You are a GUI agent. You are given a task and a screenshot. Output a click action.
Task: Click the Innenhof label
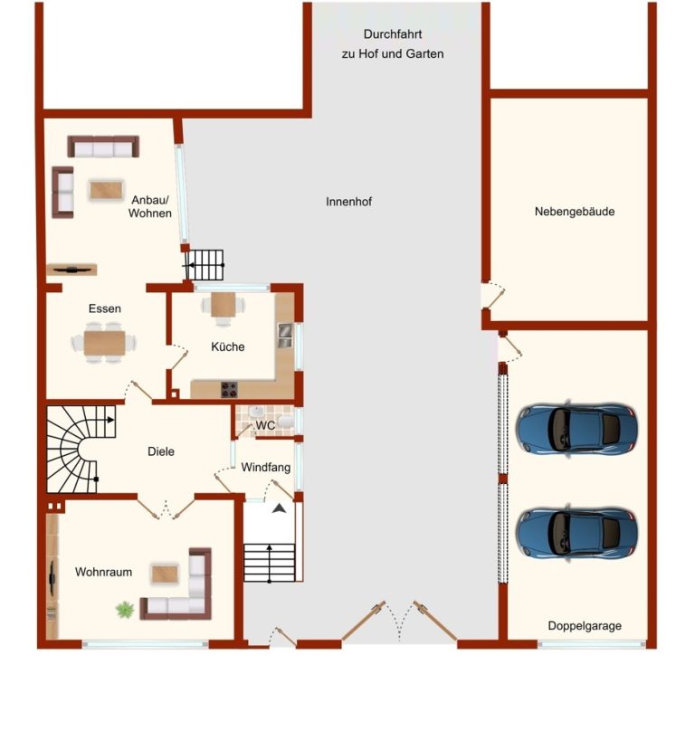(x=348, y=202)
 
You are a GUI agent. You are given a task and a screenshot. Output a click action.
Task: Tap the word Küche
(x=227, y=346)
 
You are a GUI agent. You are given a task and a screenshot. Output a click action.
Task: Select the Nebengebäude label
(x=574, y=212)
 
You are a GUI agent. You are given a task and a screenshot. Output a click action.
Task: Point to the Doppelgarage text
(x=585, y=626)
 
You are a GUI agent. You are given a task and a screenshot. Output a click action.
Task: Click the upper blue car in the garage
(x=576, y=429)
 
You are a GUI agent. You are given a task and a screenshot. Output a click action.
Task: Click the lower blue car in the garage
(x=576, y=532)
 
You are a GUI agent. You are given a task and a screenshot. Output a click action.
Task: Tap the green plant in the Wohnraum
(x=125, y=609)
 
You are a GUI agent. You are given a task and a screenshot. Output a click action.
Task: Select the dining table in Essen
(x=104, y=343)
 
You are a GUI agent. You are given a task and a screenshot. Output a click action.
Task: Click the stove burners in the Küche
(x=230, y=389)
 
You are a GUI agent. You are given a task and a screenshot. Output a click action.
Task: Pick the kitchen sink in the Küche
(x=285, y=335)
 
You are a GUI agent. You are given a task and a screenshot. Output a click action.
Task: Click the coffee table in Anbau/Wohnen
(x=107, y=190)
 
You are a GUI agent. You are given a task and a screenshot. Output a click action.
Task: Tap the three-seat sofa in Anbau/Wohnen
(x=103, y=147)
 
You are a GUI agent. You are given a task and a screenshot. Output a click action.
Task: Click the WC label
(x=265, y=425)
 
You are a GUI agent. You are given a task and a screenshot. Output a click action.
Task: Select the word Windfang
(x=266, y=467)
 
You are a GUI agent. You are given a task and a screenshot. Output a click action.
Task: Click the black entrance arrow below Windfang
(x=280, y=508)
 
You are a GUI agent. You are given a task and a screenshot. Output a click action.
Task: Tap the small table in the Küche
(x=223, y=304)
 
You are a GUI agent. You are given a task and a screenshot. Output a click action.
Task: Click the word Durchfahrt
(x=393, y=34)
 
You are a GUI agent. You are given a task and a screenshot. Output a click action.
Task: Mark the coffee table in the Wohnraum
(x=165, y=574)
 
